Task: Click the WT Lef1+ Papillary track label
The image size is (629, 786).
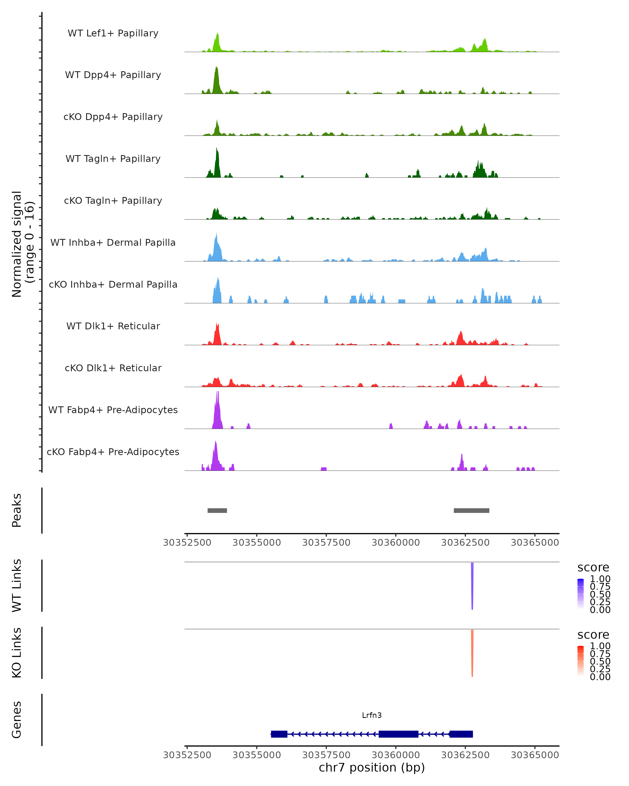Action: pyautogui.click(x=113, y=33)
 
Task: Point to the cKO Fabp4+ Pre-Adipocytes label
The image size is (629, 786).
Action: pyautogui.click(x=113, y=452)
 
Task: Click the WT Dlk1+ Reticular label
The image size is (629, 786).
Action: pyautogui.click(x=113, y=326)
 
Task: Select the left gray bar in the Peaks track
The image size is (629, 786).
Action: pyautogui.click(x=217, y=510)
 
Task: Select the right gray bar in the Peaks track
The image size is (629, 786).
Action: pyautogui.click(x=471, y=510)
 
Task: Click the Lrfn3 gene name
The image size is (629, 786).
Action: pyautogui.click(x=372, y=715)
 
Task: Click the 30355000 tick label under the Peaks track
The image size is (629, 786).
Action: pyautogui.click(x=257, y=543)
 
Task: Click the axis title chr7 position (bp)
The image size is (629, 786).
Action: pyautogui.click(x=372, y=767)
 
